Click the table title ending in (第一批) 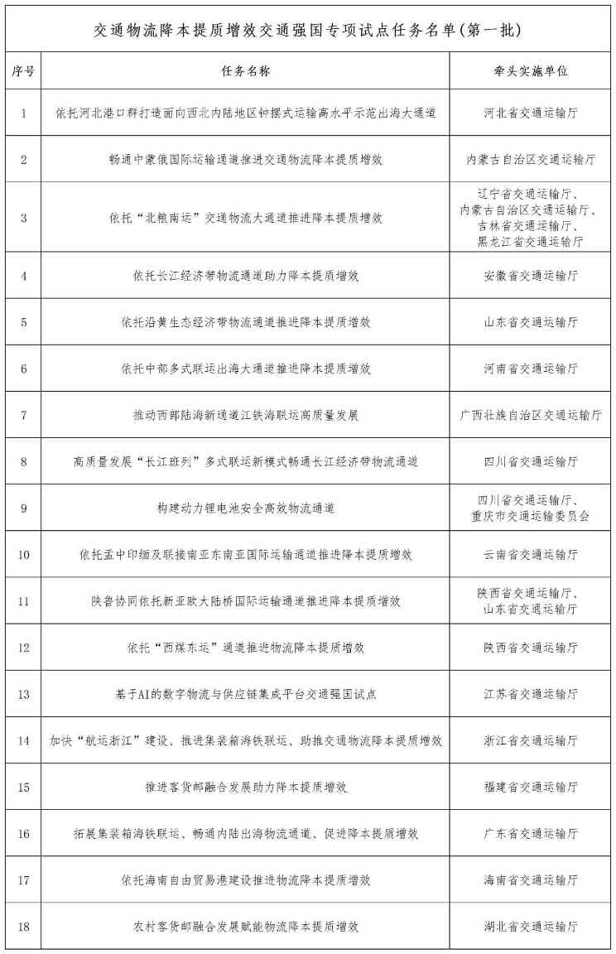pyautogui.click(x=307, y=30)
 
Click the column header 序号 pyautogui.click(x=23, y=71)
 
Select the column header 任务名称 pyautogui.click(x=246, y=71)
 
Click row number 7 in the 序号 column pyautogui.click(x=23, y=414)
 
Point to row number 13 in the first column pyautogui.click(x=23, y=693)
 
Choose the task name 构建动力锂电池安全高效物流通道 pyautogui.click(x=246, y=508)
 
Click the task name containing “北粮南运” pyautogui.click(x=246, y=219)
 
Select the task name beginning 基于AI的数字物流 pyautogui.click(x=246, y=693)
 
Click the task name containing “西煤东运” pyautogui.click(x=246, y=647)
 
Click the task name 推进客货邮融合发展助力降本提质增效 pyautogui.click(x=246, y=787)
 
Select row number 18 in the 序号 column pyautogui.click(x=23, y=926)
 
